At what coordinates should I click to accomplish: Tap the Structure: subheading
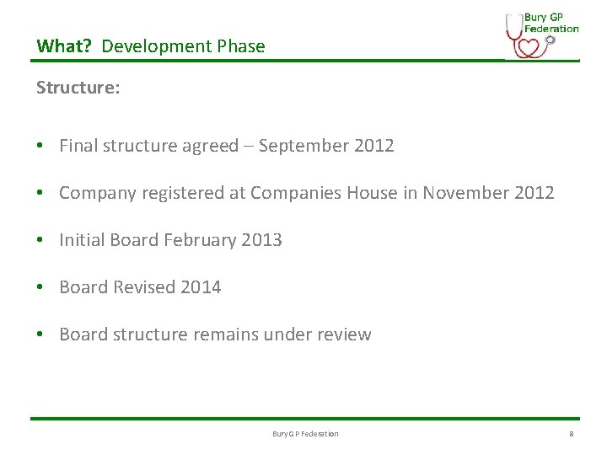(78, 88)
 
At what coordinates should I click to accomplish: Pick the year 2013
(261, 240)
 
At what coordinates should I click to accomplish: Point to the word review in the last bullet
(343, 335)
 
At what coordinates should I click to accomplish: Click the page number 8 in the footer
(571, 434)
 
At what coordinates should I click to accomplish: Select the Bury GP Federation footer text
(305, 434)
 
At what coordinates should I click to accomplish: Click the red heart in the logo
(527, 46)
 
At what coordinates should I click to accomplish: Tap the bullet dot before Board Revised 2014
(40, 287)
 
